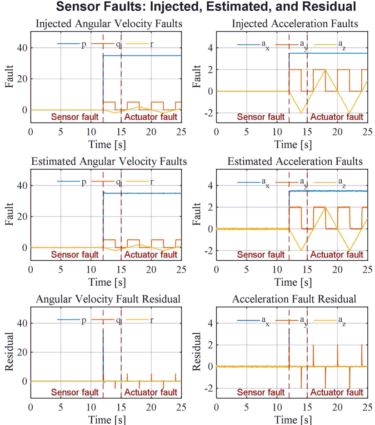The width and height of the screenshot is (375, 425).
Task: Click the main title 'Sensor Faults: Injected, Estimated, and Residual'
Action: coord(206,6)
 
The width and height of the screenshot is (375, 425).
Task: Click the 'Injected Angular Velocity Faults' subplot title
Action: coord(109,24)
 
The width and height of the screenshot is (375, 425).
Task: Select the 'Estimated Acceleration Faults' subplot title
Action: coord(295,162)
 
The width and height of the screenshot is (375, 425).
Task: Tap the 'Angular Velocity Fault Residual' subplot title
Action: coord(108,299)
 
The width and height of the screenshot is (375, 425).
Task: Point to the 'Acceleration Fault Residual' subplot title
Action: coord(294,299)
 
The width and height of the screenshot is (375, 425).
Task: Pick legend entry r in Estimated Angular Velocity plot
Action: coord(140,182)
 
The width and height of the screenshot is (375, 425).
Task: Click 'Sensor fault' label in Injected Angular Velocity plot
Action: coord(75,117)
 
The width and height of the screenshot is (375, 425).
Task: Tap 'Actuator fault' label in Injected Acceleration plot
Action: coord(336,117)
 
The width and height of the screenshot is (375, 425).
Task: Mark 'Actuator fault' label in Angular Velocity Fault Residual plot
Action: coord(150,392)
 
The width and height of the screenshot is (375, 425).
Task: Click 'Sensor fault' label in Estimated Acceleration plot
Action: coord(261,254)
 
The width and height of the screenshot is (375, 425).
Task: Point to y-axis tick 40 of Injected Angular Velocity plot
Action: coord(22,48)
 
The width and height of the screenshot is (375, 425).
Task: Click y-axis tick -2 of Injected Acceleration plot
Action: coord(209,113)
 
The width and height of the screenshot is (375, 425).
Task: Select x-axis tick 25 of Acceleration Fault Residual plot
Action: coord(367,407)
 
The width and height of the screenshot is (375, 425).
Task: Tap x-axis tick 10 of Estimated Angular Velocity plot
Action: coord(91,269)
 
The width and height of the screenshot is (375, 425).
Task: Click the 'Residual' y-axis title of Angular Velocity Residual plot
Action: coord(9,352)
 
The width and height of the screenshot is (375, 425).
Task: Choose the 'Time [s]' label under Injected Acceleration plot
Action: coord(293,145)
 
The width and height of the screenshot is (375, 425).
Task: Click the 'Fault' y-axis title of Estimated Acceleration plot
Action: coord(196,214)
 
